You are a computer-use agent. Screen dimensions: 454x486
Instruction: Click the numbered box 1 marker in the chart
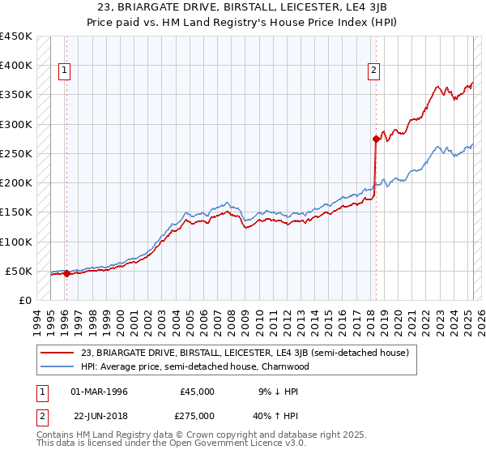(64, 71)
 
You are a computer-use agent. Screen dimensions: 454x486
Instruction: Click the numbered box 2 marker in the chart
(374, 71)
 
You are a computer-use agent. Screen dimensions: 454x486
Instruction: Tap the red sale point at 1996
(66, 273)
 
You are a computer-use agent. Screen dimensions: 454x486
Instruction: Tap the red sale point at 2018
(377, 139)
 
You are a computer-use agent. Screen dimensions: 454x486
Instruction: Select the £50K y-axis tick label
(19, 271)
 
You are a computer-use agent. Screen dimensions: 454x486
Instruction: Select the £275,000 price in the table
(198, 417)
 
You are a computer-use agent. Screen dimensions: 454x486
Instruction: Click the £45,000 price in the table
(198, 392)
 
